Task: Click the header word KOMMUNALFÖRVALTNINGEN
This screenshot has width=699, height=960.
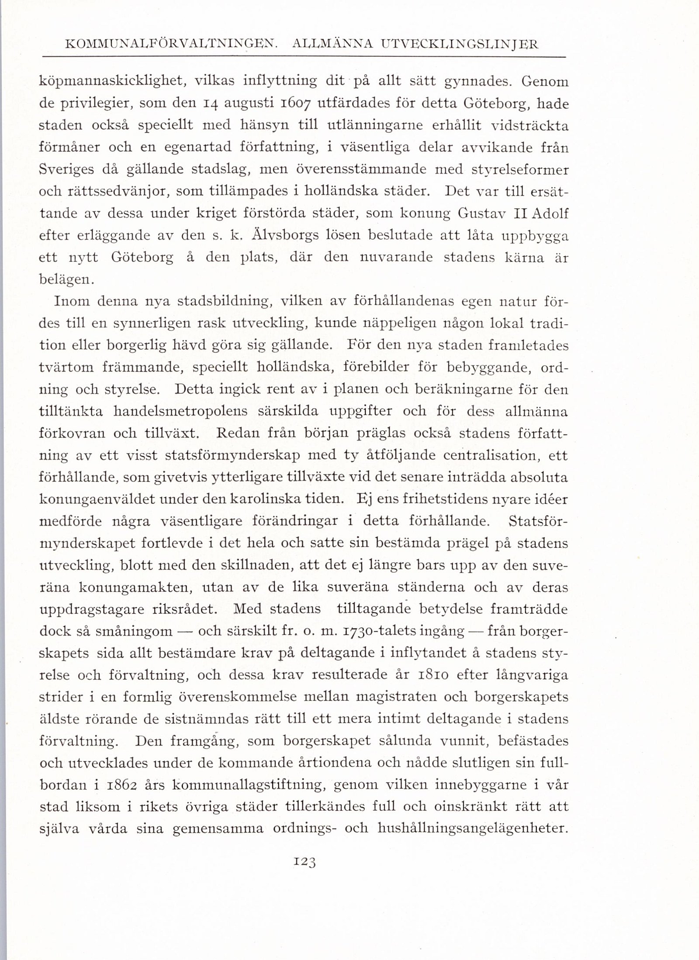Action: tap(171, 45)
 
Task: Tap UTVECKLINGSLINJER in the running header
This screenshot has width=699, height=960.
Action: tap(460, 45)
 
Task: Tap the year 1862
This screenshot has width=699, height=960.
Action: tap(128, 785)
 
